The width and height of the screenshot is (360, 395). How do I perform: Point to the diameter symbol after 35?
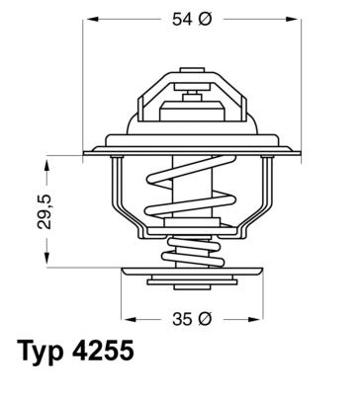(204, 318)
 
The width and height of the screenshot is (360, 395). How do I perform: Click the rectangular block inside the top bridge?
(188, 102)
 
